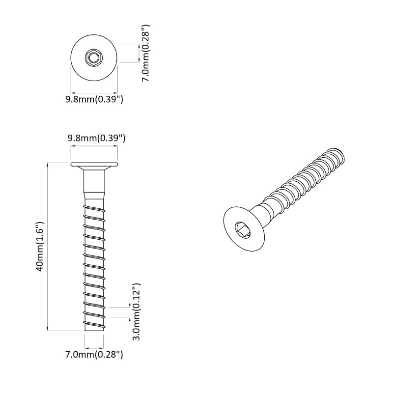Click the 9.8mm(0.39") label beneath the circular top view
pos(94,99)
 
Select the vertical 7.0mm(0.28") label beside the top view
pos(145,53)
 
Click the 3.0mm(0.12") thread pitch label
pos(137,311)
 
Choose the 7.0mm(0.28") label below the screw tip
pos(94,354)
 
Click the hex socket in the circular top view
pos(93,58)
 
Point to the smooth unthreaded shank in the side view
pos(94,184)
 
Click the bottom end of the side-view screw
pos(94,330)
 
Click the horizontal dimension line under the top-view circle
pos(94,92)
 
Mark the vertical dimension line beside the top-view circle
pos(140,53)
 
